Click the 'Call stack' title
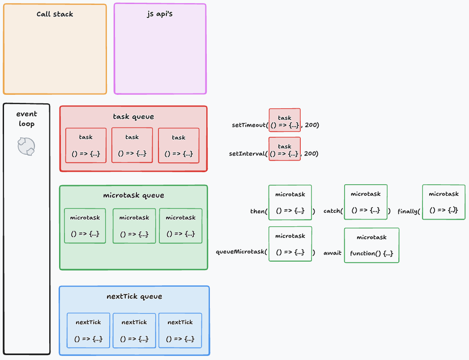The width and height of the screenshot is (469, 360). coord(55,14)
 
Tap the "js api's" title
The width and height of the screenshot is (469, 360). coord(160,14)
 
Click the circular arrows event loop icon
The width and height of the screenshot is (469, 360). coord(26,146)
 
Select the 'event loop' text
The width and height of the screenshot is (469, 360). coord(26,119)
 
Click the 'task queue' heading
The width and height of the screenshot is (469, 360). coord(133,117)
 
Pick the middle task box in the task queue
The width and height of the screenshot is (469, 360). coord(132,145)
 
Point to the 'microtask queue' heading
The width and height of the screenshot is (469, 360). coord(133,195)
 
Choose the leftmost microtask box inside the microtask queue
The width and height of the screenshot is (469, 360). coord(85,226)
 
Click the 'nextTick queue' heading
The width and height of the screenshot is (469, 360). coord(134,296)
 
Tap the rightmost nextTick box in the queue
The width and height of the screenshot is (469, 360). coord(180,330)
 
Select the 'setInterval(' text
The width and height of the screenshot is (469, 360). coord(248,154)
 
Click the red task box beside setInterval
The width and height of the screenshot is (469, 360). coord(285,149)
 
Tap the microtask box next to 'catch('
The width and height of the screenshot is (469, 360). coord(366,202)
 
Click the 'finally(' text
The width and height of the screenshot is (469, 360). coord(409,211)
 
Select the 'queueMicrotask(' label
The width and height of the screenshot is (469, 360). coord(241,252)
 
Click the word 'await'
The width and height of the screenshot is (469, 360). coord(333,253)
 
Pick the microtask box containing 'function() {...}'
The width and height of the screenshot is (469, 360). coord(371,245)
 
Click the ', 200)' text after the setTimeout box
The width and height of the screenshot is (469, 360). coord(310,125)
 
